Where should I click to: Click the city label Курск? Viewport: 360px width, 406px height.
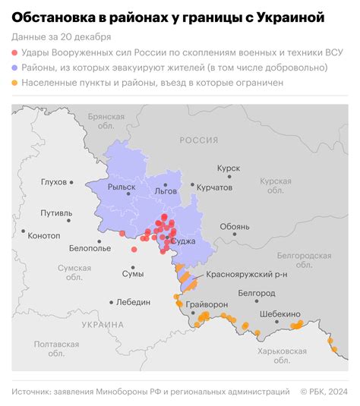point(228,168)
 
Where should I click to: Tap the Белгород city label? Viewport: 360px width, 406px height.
point(256,292)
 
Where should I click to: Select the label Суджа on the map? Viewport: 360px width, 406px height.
point(184,241)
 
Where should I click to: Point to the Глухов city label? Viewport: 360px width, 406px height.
point(55,182)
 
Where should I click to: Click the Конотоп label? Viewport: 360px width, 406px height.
point(43,235)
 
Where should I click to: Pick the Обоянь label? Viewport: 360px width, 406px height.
point(234,226)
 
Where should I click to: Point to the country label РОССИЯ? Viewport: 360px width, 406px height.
point(198,140)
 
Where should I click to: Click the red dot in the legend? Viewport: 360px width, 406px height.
point(16,52)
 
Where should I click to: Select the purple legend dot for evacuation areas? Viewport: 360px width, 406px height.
point(16,68)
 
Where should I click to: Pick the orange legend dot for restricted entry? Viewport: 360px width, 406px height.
point(16,83)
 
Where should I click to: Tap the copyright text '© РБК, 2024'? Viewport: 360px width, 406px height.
point(324,392)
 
